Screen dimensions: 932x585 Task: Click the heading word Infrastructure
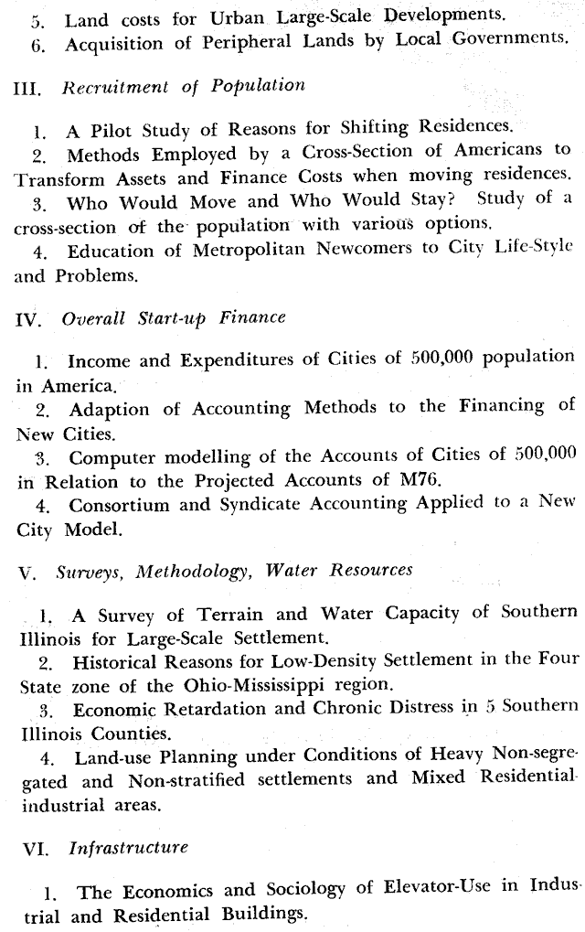(128, 848)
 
